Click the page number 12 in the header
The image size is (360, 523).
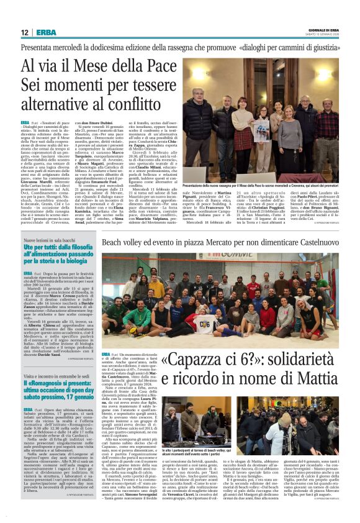(25, 32)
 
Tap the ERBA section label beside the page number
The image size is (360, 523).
(46, 32)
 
